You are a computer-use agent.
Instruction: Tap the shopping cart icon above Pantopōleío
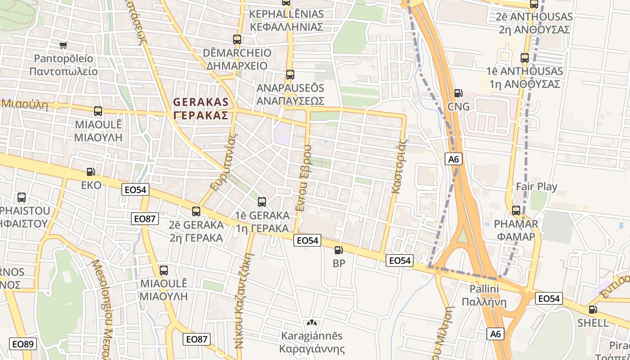tap(63, 45)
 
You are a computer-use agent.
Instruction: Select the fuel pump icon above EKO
tap(91, 172)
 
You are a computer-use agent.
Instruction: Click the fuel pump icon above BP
tap(339, 250)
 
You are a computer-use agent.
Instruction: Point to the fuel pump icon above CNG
tap(459, 93)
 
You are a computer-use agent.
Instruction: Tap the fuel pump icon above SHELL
tap(594, 310)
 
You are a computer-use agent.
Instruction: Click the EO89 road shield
tap(22, 344)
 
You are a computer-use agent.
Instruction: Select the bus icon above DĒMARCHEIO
tap(237, 40)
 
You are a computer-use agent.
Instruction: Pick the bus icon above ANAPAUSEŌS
tap(290, 75)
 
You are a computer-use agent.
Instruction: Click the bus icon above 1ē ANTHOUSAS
tap(525, 58)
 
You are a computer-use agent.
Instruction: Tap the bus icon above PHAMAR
tap(516, 211)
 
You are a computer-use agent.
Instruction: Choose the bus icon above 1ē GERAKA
tap(262, 202)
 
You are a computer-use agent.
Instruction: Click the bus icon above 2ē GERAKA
tap(196, 211)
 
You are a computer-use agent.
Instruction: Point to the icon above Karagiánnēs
tap(311, 323)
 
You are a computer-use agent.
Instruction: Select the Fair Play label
tap(536, 186)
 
